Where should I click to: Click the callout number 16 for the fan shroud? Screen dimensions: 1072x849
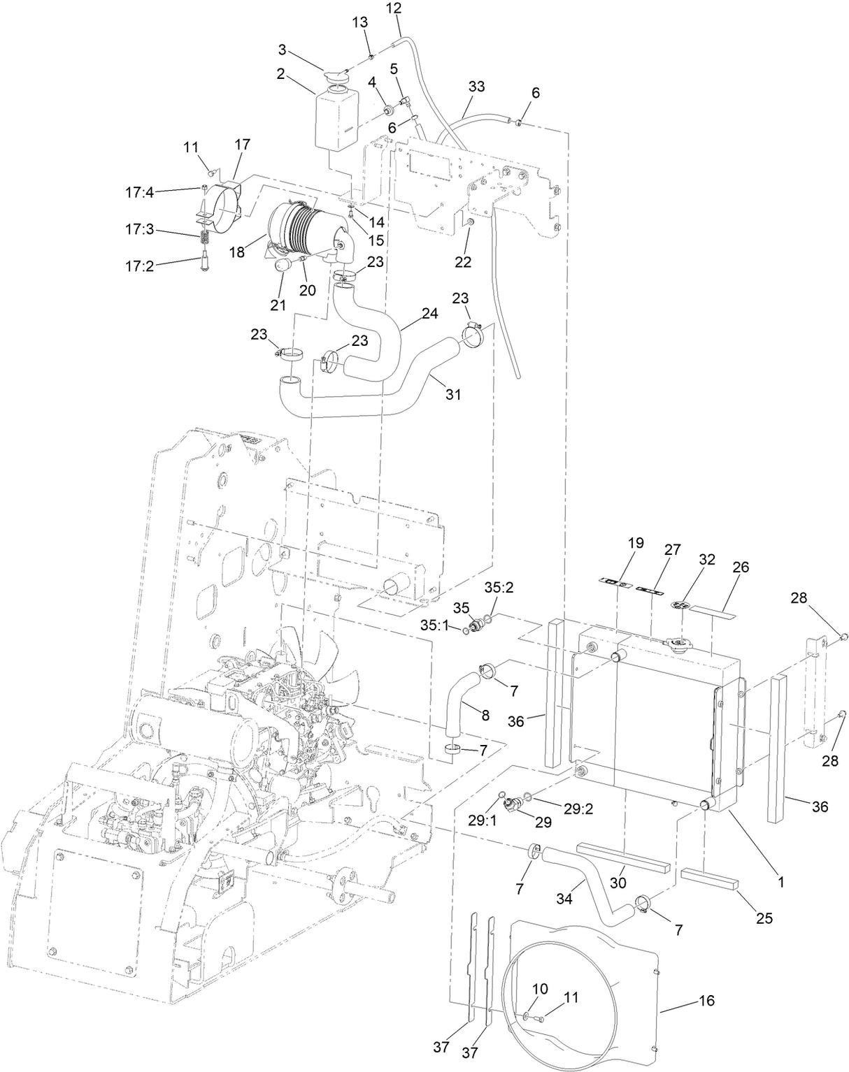(707, 1001)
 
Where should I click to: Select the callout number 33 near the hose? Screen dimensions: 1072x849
(476, 87)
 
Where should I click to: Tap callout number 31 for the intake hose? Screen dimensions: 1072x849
(453, 394)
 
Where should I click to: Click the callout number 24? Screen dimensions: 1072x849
(429, 314)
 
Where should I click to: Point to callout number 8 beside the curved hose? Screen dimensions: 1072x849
(484, 714)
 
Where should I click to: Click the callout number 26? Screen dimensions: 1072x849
(740, 567)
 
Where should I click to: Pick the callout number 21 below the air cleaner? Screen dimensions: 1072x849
(279, 304)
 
